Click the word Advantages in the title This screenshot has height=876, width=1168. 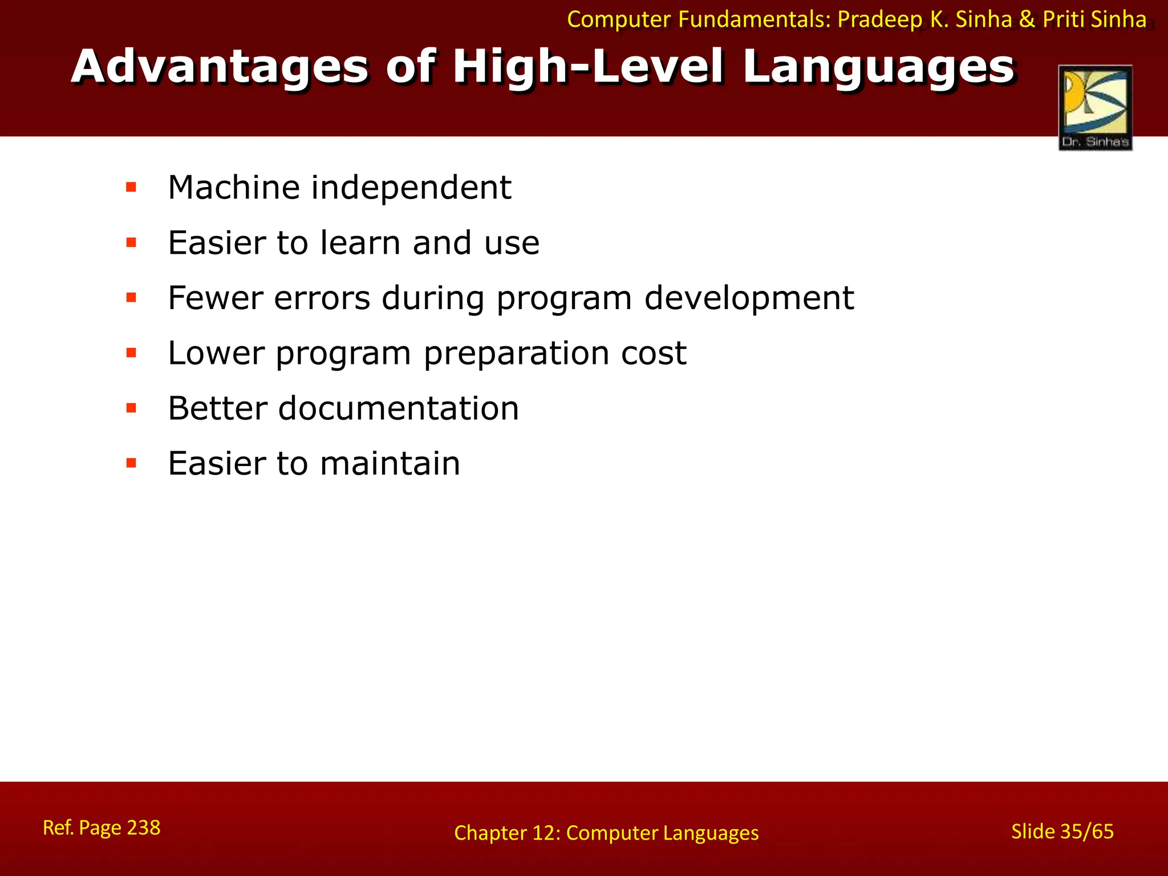pyautogui.click(x=220, y=67)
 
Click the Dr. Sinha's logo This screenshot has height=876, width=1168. pyautogui.click(x=1095, y=108)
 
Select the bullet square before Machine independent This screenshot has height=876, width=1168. pyautogui.click(x=131, y=187)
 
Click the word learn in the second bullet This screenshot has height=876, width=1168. pyautogui.click(x=360, y=242)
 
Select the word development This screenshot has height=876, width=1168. pyautogui.click(x=749, y=299)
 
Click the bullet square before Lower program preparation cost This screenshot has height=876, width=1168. pyautogui.click(x=131, y=353)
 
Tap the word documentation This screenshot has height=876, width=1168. pyautogui.click(x=399, y=408)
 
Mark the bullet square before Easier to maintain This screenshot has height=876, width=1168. pyautogui.click(x=131, y=463)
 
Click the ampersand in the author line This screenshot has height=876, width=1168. pyautogui.click(x=1027, y=20)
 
